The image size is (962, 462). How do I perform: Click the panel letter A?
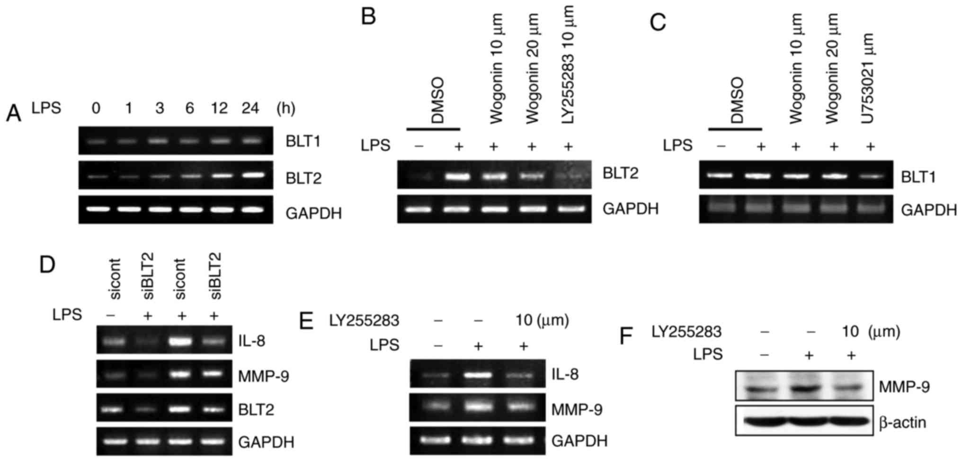14,114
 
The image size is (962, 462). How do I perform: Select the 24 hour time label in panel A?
250,109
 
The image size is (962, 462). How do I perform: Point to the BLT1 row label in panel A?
303,141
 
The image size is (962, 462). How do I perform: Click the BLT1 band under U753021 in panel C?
870,176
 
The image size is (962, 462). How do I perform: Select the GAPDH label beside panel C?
928,210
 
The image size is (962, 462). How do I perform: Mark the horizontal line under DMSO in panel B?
433,128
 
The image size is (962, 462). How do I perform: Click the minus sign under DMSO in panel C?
721,146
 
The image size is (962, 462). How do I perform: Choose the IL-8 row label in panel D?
251,341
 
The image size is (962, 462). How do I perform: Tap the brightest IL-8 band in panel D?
181,341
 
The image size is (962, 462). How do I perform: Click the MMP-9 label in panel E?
577,409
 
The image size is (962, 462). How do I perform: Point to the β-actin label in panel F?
902,422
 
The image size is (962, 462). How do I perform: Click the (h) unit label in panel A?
286,109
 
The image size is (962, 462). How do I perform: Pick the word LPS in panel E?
384,345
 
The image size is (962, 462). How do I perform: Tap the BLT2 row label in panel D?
256,409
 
